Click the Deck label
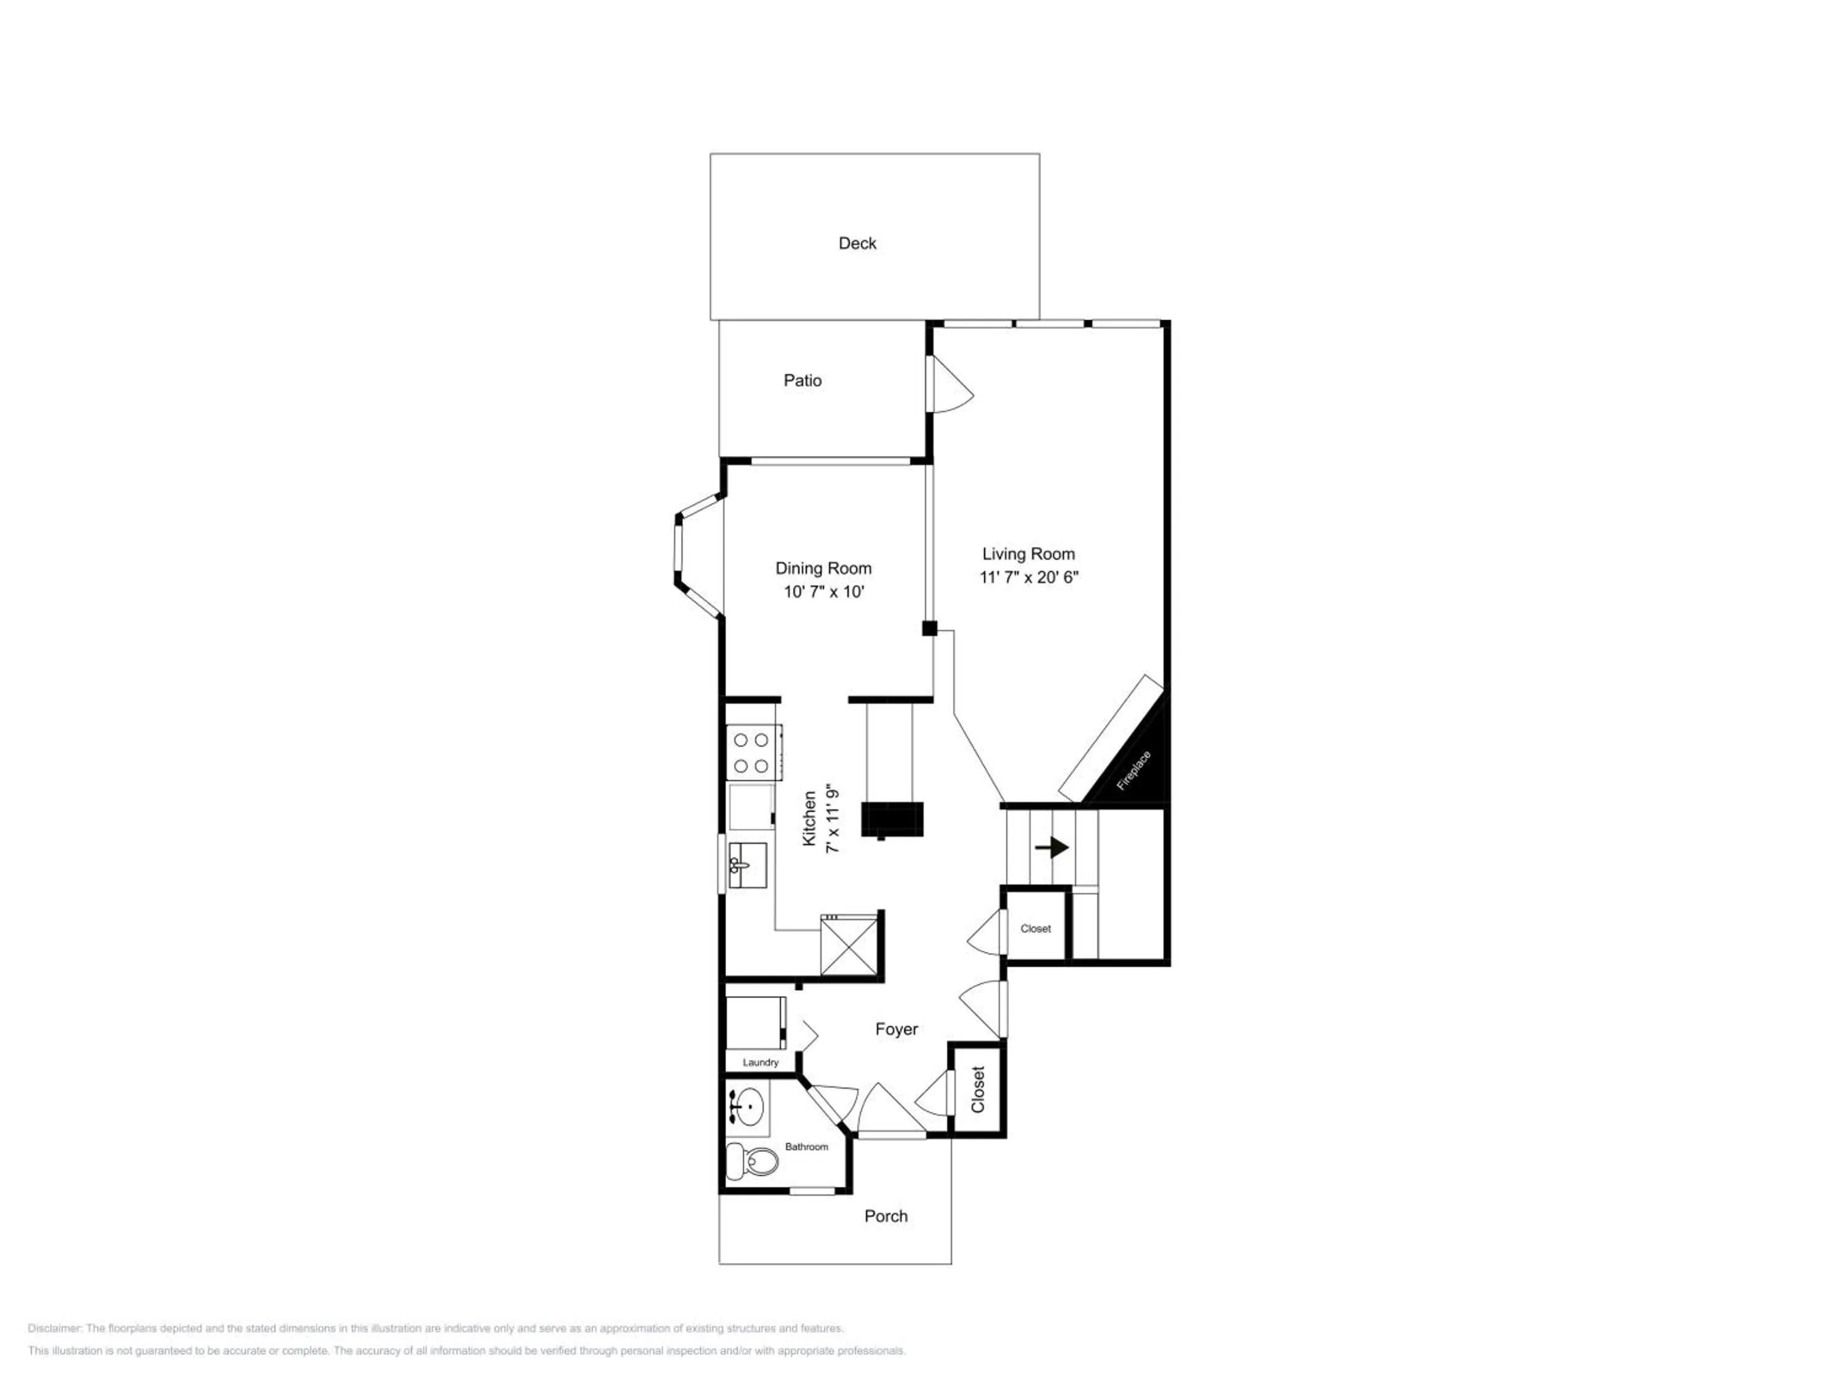[857, 243]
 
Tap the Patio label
[803, 380]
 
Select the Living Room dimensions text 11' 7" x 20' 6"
[1028, 578]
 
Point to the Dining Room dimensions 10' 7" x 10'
[823, 592]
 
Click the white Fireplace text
[1133, 770]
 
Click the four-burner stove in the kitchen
[753, 752]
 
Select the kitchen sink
[747, 865]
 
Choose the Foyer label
[896, 1030]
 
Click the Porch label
[886, 1216]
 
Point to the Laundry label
[760, 1062]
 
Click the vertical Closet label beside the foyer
[978, 1089]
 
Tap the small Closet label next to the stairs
[1035, 928]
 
